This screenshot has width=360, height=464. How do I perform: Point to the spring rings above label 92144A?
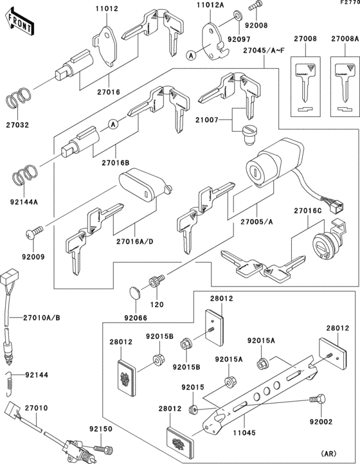(24, 173)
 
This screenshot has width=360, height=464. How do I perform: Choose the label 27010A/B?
(44, 317)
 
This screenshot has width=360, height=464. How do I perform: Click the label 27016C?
(308, 210)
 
